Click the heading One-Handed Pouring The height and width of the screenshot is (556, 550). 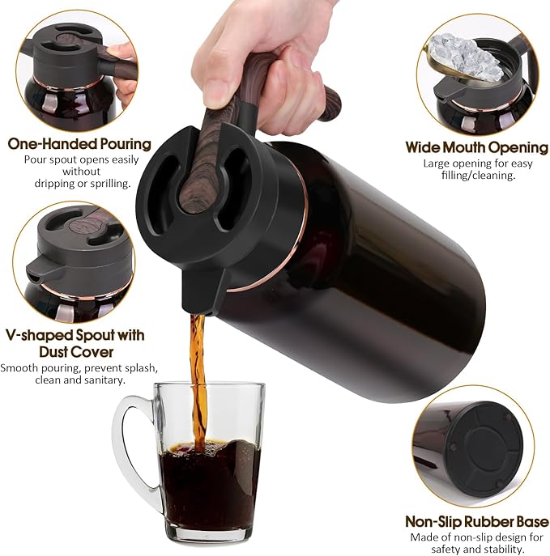coord(79,144)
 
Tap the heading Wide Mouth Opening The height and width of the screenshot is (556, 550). coord(476,147)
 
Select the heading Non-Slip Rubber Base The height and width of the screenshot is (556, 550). coord(477,522)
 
